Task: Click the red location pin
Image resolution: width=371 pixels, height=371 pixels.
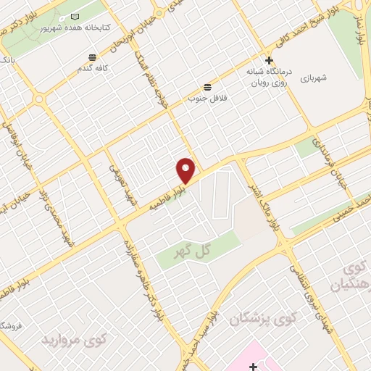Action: [186, 170]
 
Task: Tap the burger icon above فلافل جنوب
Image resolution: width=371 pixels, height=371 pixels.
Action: [208, 86]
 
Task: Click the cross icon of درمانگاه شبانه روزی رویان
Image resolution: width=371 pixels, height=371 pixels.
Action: [269, 61]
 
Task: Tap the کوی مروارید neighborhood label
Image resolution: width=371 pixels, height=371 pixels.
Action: [73, 338]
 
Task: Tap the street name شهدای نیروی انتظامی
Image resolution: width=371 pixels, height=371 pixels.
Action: [309, 288]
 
